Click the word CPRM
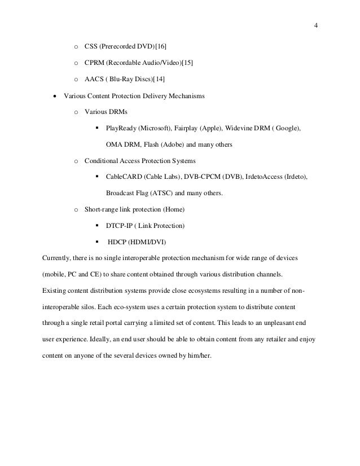click(94, 62)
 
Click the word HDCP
click(118, 243)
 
